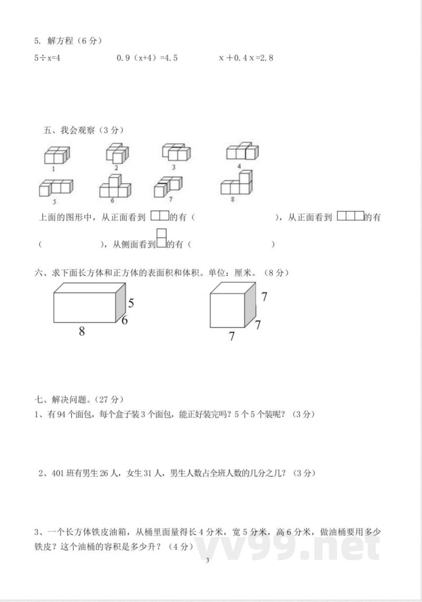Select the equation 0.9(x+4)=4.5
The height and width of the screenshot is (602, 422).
pos(147,58)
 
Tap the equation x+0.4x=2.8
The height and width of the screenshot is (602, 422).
pos(246,58)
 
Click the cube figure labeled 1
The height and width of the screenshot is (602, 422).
pos(56,155)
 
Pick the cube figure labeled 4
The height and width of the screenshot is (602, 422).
pos(242,152)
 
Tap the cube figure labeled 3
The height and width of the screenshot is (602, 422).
pos(176,152)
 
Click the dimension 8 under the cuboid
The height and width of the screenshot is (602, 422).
pos(82,331)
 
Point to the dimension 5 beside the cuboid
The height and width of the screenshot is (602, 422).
pos(131,303)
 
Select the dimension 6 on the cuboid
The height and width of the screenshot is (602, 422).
pos(125,320)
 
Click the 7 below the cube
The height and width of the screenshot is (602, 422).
pos(231,336)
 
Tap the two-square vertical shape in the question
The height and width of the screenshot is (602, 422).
pos(162,238)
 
